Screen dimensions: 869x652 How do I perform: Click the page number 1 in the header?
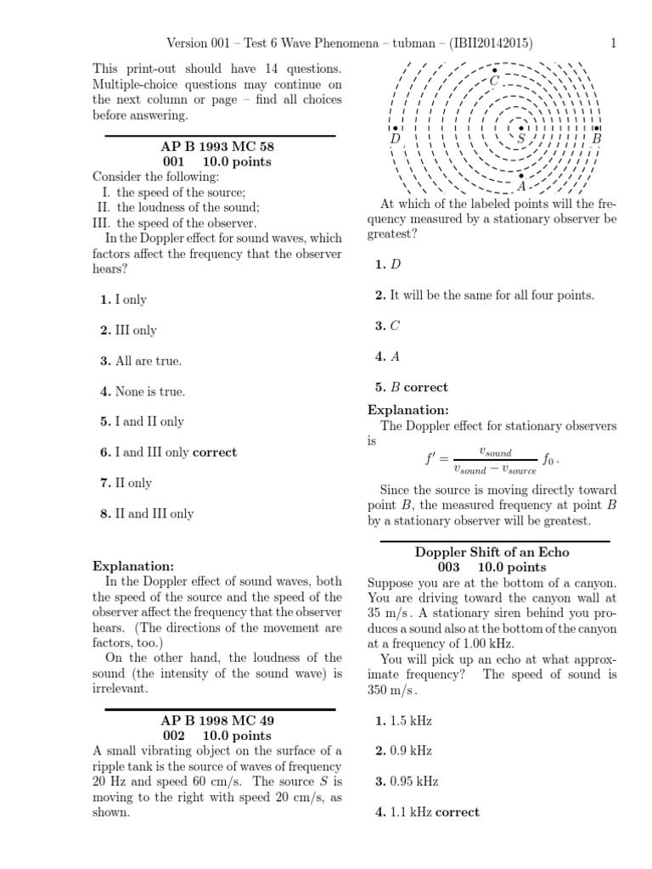613,44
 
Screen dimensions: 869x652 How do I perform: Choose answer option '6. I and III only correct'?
168,452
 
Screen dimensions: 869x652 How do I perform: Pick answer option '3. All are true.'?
141,361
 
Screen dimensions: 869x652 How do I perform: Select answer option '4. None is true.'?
142,391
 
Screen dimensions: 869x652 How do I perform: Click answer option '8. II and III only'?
146,513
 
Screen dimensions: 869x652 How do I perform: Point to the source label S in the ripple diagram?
521,137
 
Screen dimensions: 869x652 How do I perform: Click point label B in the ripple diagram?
596,138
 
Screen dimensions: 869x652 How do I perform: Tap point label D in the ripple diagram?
395,138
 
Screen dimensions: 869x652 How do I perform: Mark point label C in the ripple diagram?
495,81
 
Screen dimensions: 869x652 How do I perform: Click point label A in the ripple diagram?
521,186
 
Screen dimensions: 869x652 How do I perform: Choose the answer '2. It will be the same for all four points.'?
485,294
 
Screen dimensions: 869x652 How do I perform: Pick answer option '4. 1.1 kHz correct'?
427,812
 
